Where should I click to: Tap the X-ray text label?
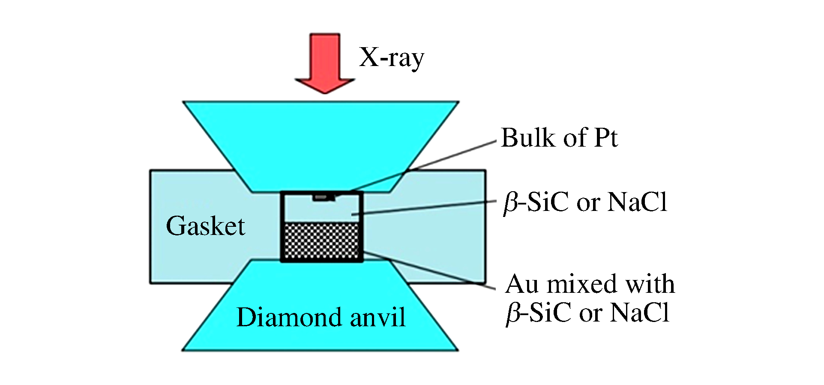[x=391, y=57]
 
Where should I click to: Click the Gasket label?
[x=205, y=226]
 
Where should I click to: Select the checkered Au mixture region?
[x=321, y=241]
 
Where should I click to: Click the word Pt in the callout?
[x=605, y=138]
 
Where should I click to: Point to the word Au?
[x=522, y=284]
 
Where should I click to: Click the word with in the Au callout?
[x=650, y=284]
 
